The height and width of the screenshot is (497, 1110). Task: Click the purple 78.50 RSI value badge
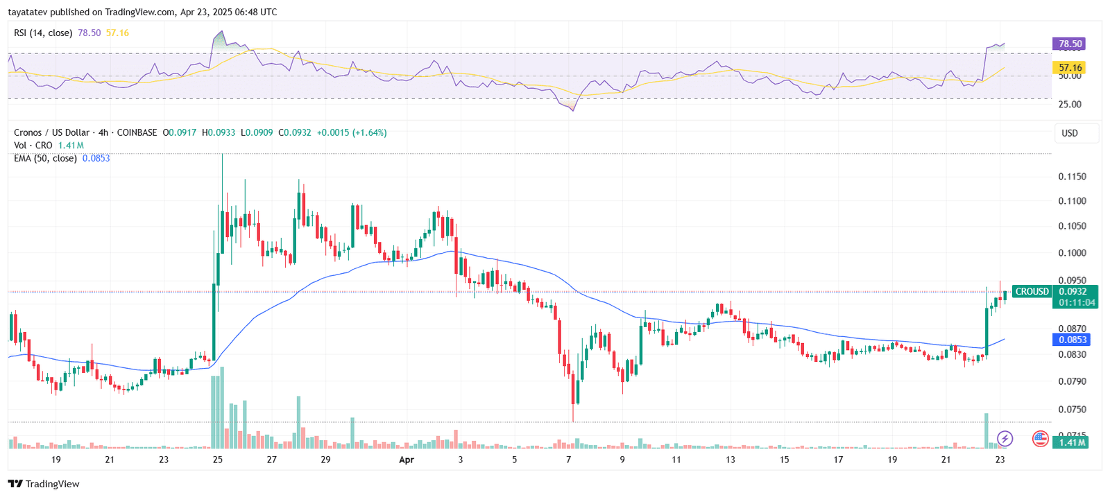coord(1069,44)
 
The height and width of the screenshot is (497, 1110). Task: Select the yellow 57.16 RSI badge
coord(1069,68)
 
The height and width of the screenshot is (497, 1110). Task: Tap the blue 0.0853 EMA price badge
coord(1072,340)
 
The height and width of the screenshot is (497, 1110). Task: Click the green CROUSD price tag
coord(1032,292)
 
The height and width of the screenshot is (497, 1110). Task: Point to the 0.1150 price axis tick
coord(1072,177)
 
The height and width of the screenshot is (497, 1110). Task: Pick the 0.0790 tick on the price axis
coord(1072,381)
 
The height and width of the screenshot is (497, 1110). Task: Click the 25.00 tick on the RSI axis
coord(1069,105)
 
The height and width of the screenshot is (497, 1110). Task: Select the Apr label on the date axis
coord(407,460)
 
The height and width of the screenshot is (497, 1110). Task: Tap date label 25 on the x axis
coord(218,460)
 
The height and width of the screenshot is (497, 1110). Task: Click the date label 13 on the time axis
coord(731,460)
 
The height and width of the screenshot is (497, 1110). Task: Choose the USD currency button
coord(1070,133)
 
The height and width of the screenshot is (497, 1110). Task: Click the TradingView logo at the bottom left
coord(44,484)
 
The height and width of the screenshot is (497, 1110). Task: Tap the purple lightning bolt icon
coord(1005,439)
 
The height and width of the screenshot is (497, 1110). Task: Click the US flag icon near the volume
coord(1040,439)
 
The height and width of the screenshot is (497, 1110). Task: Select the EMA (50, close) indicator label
coord(45,158)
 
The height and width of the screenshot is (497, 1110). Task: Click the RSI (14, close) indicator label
coord(43,33)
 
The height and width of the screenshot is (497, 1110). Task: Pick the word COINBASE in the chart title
coord(137,132)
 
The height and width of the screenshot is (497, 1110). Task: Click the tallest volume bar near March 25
coord(222,409)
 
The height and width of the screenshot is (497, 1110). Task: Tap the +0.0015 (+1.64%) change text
coord(352,132)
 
